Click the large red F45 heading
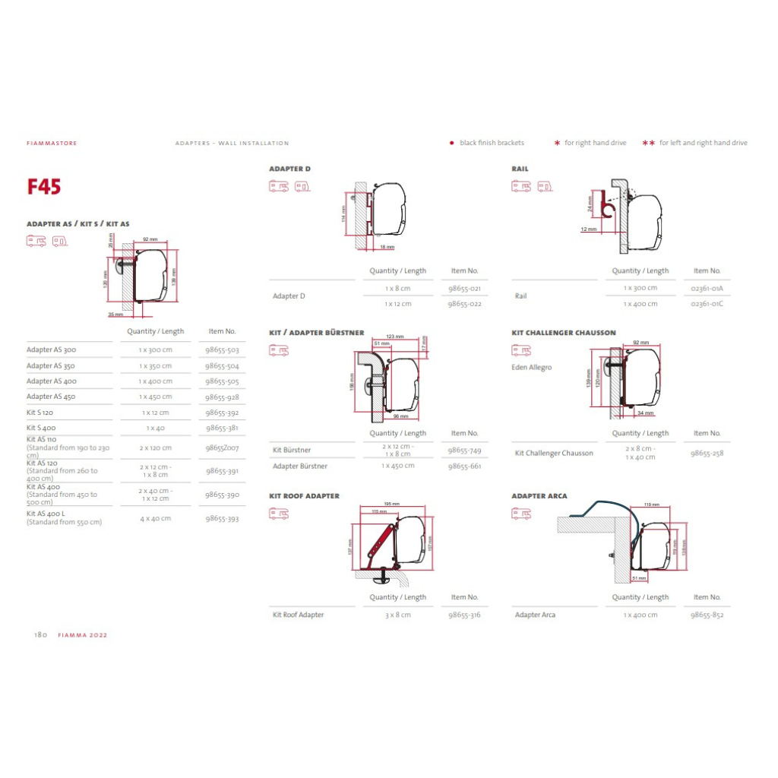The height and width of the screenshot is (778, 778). point(44,187)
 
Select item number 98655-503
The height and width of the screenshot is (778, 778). point(222,350)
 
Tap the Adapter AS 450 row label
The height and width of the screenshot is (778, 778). point(52,397)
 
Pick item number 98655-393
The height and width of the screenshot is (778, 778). point(222,519)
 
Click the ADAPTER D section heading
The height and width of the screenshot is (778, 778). point(289,169)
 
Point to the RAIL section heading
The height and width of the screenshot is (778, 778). point(520,169)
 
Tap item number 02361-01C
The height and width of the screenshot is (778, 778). point(707,304)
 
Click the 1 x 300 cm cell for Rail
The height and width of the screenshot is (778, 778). point(640,288)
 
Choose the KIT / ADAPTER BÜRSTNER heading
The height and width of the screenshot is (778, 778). point(316,333)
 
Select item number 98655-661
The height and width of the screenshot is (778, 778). point(464,466)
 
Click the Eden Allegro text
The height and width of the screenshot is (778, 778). point(532,368)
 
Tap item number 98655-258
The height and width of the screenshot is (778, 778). point(707,453)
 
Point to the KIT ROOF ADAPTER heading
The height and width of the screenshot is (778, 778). point(304,496)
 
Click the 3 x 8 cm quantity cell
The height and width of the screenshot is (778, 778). point(397,615)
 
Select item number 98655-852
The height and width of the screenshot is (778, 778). point(707,615)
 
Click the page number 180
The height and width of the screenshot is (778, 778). point(40,635)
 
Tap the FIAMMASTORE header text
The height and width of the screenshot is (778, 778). point(52,143)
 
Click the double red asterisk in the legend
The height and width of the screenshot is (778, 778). point(648,143)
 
